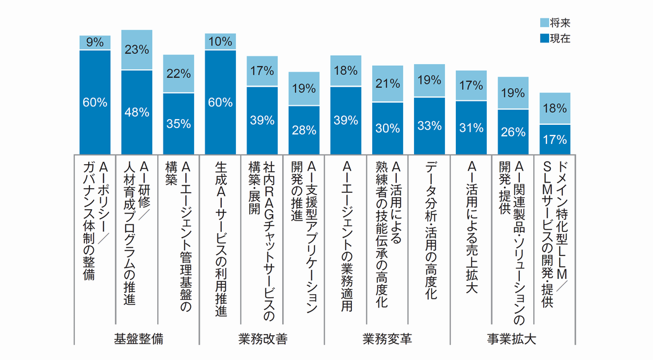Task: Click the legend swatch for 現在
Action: (x=543, y=38)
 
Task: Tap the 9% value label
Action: (x=95, y=42)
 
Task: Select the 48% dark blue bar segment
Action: (x=137, y=112)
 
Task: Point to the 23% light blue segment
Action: (x=137, y=49)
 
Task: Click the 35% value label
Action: (x=179, y=124)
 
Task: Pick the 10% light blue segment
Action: (x=221, y=41)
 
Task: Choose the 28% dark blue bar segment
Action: (x=304, y=130)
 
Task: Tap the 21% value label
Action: (x=388, y=83)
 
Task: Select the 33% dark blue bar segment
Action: (x=430, y=125)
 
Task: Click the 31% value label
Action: (x=472, y=127)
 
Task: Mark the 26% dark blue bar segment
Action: (x=514, y=131)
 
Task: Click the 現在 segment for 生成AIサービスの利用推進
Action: (x=221, y=101)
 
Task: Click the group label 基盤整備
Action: (x=139, y=339)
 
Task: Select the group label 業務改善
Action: (x=263, y=339)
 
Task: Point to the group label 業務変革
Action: (x=388, y=339)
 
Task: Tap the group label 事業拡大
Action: (x=512, y=339)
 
